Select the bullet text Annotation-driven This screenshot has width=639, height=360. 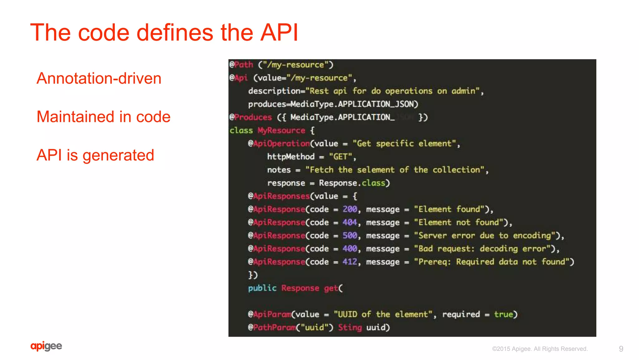[99, 78]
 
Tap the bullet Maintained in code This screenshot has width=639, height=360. [103, 117]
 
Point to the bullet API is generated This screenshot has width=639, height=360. [95, 155]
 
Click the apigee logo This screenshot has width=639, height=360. [46, 346]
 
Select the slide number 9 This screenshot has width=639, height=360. [621, 349]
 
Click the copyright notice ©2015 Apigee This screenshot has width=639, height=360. [540, 349]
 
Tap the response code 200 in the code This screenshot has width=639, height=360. [350, 209]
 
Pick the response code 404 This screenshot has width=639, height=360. [350, 222]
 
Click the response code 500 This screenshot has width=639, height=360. [350, 235]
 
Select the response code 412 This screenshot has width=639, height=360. [350, 262]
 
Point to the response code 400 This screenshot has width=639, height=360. [350, 249]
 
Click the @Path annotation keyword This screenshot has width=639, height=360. [241, 65]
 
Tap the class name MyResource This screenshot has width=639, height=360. [281, 130]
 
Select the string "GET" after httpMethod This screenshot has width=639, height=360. [340, 156]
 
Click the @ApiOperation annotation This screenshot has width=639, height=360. [279, 143]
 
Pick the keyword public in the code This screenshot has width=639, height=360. [262, 288]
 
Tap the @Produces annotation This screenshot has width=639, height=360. [251, 117]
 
